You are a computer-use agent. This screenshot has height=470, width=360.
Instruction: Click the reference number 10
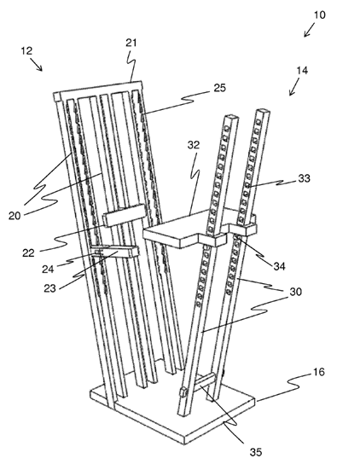320,15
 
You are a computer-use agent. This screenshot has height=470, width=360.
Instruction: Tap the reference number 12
26,50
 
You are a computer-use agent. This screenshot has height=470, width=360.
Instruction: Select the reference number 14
302,71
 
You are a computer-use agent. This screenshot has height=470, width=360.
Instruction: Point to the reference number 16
319,372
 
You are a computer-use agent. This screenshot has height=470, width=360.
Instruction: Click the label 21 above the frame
131,43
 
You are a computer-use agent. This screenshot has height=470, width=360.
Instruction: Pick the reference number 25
220,88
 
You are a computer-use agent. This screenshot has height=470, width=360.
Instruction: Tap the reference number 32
194,145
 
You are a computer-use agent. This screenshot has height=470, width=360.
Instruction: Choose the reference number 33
305,178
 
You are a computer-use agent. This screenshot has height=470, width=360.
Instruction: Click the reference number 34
279,266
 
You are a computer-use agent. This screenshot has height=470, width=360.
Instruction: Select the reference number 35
256,452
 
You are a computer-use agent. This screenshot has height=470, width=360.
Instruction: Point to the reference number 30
295,292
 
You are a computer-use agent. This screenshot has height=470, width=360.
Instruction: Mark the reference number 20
15,216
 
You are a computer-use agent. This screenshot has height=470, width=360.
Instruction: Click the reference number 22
28,252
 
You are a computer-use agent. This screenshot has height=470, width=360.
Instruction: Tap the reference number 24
48,269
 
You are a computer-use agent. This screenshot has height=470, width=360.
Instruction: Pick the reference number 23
50,288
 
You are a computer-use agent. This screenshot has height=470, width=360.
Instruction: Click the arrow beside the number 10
311,31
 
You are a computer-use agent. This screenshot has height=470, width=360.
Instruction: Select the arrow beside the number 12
37,65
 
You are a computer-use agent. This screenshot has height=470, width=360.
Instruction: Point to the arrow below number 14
294,87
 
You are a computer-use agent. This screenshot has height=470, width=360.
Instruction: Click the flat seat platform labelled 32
180,230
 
